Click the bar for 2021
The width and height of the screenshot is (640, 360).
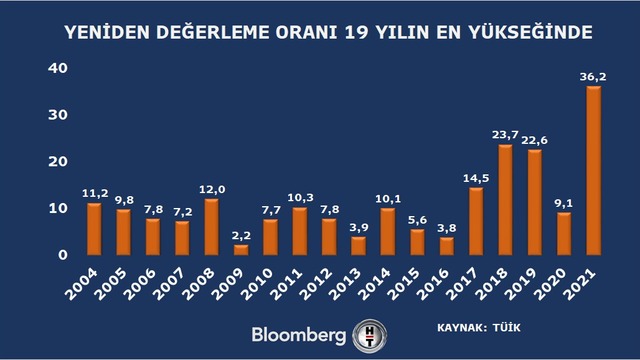coord(593,171)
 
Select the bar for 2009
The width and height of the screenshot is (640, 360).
coord(241,250)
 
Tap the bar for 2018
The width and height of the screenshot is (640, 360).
coord(505,200)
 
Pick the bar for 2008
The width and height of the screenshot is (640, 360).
coord(211,227)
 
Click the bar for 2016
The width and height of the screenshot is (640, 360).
coord(447,247)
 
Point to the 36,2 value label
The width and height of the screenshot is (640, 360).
coord(593,77)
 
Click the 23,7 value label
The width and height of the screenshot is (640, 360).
coord(505,135)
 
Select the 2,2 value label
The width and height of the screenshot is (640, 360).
coord(241,236)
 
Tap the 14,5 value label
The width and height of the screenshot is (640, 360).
coord(476,178)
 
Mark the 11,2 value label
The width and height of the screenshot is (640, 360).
coord(95,193)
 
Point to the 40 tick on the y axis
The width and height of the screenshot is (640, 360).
coord(58,68)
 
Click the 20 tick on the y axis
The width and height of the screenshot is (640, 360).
coord(58,161)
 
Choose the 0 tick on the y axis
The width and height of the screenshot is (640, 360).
coord(63,255)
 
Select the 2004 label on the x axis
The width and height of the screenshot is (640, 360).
coord(81,284)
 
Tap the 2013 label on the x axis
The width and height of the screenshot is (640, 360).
coord(345,284)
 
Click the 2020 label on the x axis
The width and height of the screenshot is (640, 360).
coord(551,284)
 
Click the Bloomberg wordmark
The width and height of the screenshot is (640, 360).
coord(299,335)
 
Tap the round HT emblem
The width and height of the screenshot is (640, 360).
coord(370,336)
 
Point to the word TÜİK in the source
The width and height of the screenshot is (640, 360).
coord(507,327)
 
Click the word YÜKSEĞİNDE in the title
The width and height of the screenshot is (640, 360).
coord(530,32)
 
